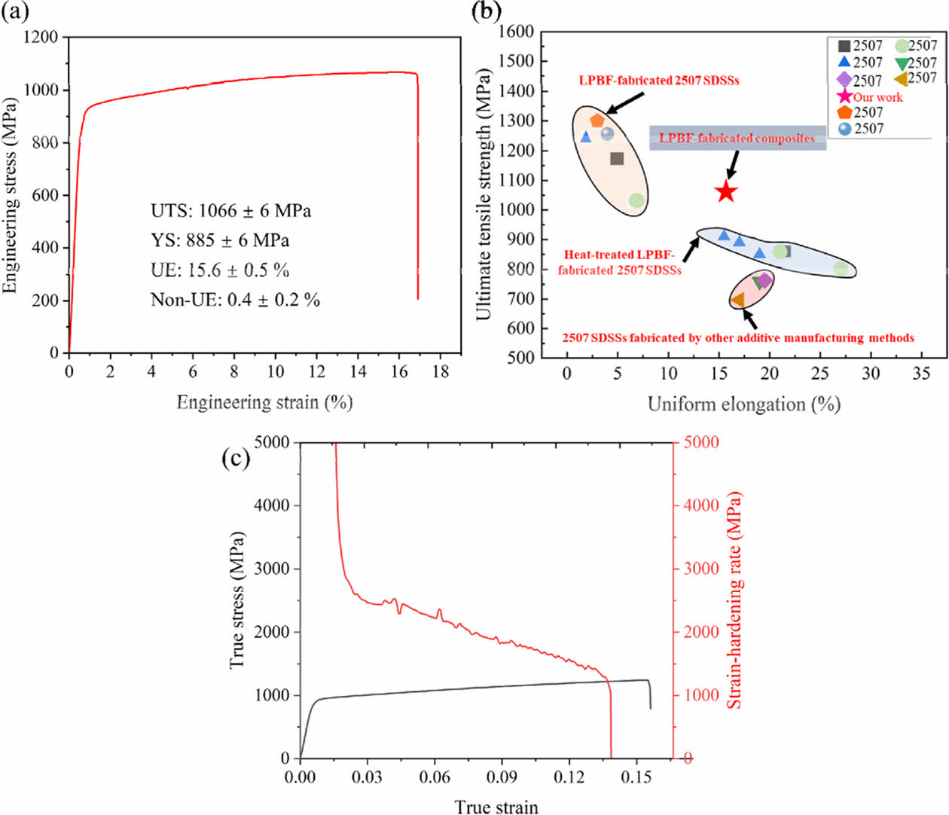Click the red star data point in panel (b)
tap(725, 191)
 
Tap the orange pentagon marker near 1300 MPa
tap(597, 121)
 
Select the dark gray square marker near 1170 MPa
tap(617, 158)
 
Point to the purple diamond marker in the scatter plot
tap(764, 280)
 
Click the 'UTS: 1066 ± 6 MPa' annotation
tap(230, 211)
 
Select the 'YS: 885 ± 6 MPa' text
tap(220, 240)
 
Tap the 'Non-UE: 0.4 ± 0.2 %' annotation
tap(235, 300)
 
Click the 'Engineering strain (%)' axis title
tap(264, 402)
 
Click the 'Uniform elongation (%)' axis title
tap(743, 404)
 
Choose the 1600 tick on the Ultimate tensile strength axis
tap(516, 32)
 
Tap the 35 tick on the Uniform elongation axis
tap(921, 374)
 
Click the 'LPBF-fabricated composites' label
tap(737, 139)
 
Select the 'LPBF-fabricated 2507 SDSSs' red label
tap(658, 81)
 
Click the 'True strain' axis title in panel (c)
tap(496, 807)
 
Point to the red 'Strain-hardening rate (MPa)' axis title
tap(734, 600)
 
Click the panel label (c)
tap(236, 458)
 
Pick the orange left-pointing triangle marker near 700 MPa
tap(738, 300)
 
